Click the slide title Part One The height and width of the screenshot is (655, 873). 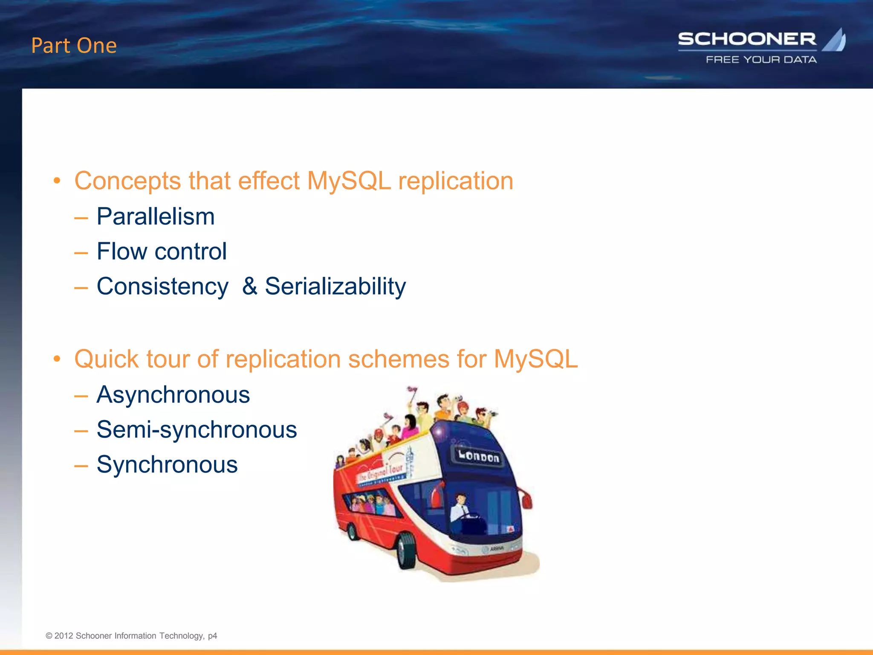pos(74,46)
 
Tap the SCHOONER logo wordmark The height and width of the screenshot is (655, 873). pos(747,39)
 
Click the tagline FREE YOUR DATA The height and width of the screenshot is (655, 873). pos(761,60)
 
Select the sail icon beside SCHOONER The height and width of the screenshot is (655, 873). pos(835,41)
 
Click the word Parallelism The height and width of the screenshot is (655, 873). pos(156,216)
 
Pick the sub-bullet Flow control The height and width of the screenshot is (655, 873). pos(162,251)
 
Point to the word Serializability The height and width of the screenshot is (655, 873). pos(335,286)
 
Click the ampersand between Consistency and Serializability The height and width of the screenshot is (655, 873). pos(250,286)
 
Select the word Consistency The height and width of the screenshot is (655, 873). pos(162,286)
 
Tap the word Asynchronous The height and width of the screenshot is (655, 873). pos(173,394)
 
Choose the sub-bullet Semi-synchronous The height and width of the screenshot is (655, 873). pos(197,429)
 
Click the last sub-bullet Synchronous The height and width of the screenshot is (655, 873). pos(167,464)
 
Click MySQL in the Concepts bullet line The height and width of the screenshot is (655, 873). pos(349,181)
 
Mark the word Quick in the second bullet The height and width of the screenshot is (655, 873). pos(106,359)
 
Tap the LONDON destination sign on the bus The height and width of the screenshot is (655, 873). pos(479,456)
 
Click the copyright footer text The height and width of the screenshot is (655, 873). pos(131,636)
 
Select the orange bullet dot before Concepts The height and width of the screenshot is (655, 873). pos(57,181)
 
